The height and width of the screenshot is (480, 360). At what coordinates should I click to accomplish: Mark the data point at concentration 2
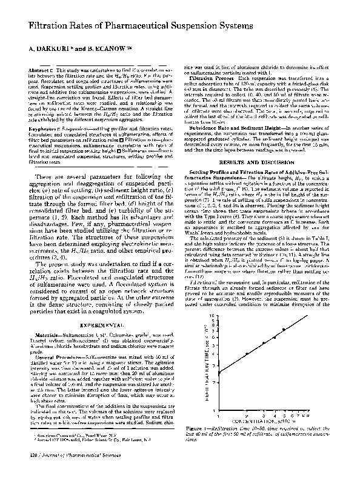pyautogui.click(x=247, y=353)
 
